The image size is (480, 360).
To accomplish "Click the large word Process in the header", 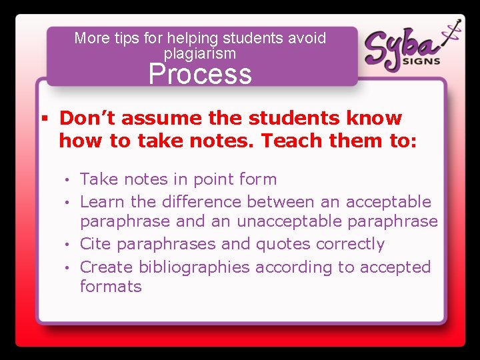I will coord(200,74).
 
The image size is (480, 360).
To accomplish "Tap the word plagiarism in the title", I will coord(200,53).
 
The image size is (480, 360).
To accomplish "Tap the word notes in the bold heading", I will coord(219,141).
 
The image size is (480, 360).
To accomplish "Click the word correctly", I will coord(351,244).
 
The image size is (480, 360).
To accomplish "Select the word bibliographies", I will coord(194,267).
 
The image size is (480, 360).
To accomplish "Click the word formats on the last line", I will coord(111,287).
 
